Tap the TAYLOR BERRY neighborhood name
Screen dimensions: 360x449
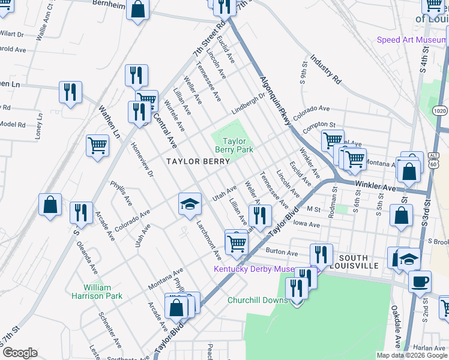(197, 161)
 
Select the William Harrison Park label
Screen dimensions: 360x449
(103, 292)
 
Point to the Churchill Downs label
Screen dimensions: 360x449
(257, 300)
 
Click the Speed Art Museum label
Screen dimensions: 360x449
(411, 40)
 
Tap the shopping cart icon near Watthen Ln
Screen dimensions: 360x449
(97, 145)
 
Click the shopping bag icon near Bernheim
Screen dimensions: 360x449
(137, 10)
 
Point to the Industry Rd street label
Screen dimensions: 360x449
(325, 70)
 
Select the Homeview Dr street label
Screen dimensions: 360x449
(147, 164)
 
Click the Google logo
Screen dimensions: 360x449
(19, 353)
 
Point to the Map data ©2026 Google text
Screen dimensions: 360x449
(411, 355)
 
